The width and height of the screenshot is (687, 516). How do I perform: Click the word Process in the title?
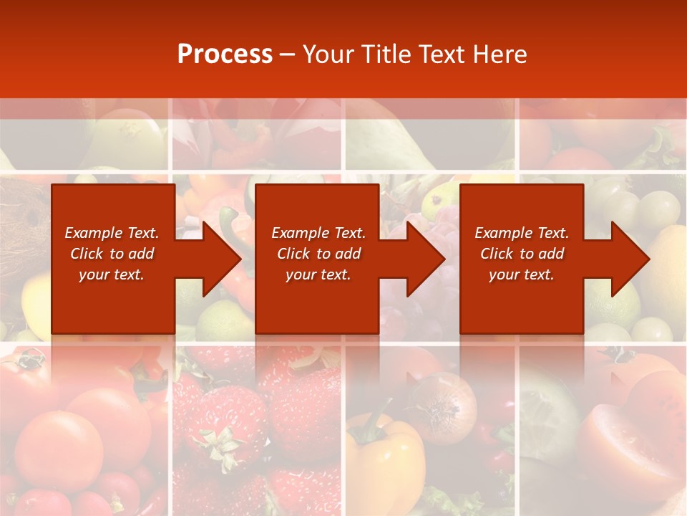pyautogui.click(x=225, y=54)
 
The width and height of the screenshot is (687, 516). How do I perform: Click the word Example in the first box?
pyautogui.click(x=93, y=233)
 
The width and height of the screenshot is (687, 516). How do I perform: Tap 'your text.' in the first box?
pyautogui.click(x=112, y=274)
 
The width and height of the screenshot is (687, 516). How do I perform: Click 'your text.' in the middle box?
pyautogui.click(x=318, y=274)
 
